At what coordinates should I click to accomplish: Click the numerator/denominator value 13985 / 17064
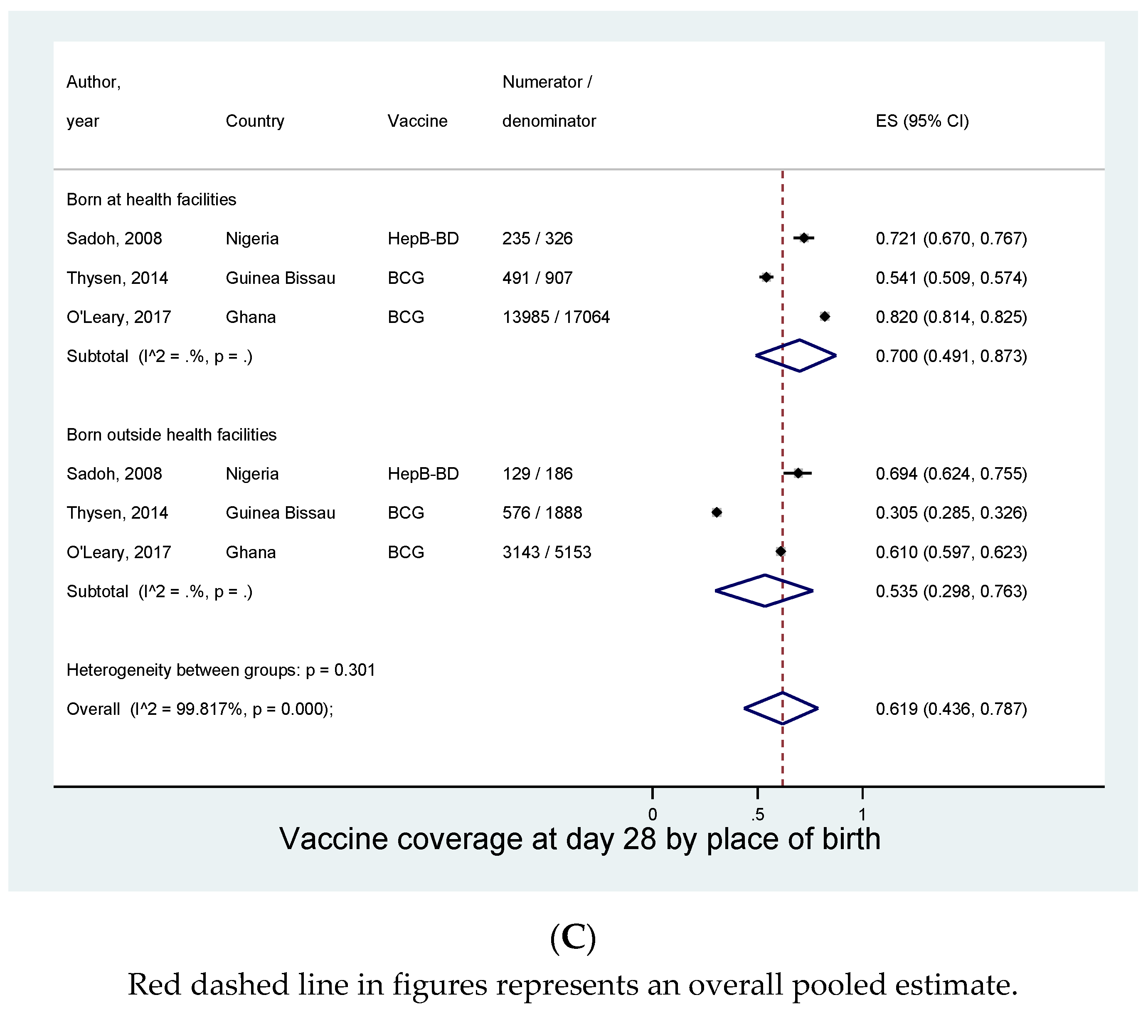coord(555,317)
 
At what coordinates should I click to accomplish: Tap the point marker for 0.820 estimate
coord(824,317)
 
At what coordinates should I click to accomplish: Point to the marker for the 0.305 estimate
coord(716,512)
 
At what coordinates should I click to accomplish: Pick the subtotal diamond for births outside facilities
coord(764,591)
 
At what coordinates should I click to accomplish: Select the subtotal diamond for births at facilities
coord(796,355)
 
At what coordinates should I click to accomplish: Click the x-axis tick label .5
coord(757,814)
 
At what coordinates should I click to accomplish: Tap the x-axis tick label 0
coord(652,814)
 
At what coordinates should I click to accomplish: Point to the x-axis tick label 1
coord(862,814)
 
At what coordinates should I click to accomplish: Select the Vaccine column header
coord(417,121)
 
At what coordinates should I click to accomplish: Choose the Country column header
coord(254,121)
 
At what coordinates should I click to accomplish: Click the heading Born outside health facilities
coord(171,435)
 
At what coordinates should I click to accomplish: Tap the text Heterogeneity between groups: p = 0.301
coord(220,670)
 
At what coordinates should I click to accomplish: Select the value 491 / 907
coord(537,278)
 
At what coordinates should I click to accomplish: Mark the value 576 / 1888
coord(542,513)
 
